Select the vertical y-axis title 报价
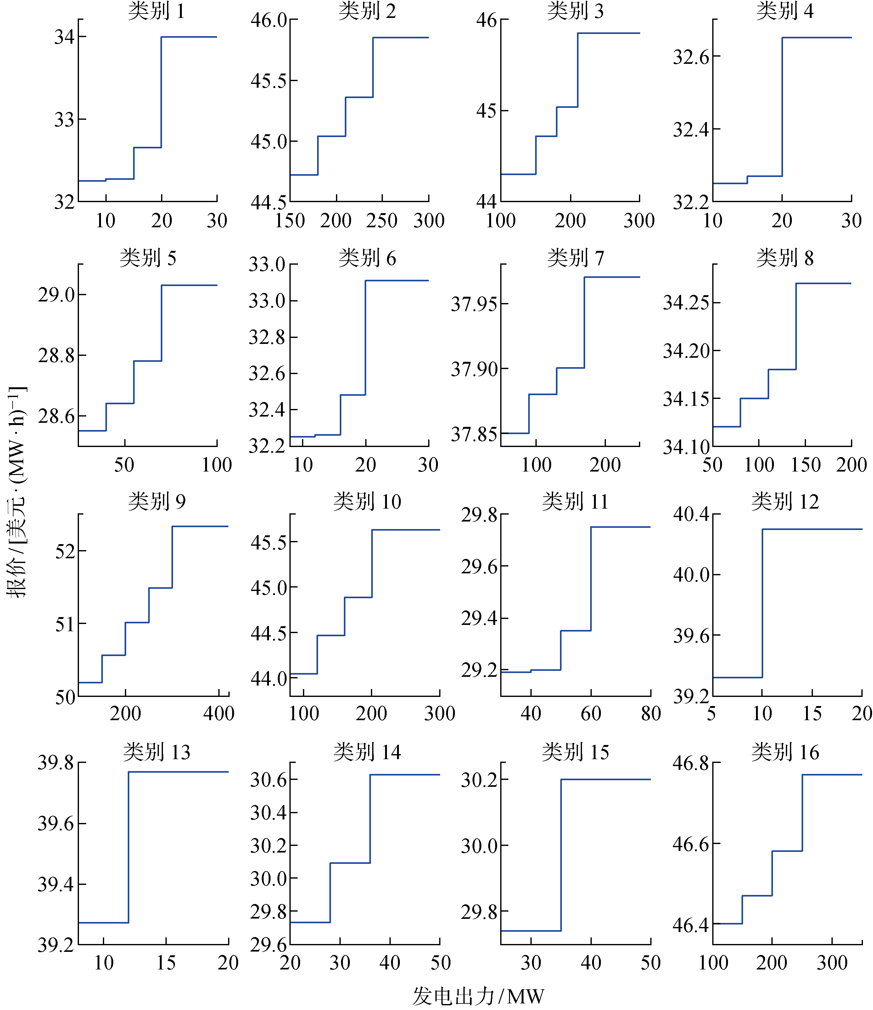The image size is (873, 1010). [17, 492]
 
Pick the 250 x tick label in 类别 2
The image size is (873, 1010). [382, 221]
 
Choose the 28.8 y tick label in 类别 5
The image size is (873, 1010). [56, 355]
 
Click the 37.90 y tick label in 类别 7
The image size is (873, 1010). [473, 369]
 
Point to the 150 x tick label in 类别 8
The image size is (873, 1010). [806, 465]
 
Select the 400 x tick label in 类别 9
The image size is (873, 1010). [219, 714]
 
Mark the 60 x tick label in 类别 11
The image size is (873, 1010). [590, 714]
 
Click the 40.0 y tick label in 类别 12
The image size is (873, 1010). [691, 575]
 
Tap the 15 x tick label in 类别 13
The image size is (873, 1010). [166, 963]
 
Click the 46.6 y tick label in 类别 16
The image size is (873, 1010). [691, 844]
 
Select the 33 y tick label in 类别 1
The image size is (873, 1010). [64, 120]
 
